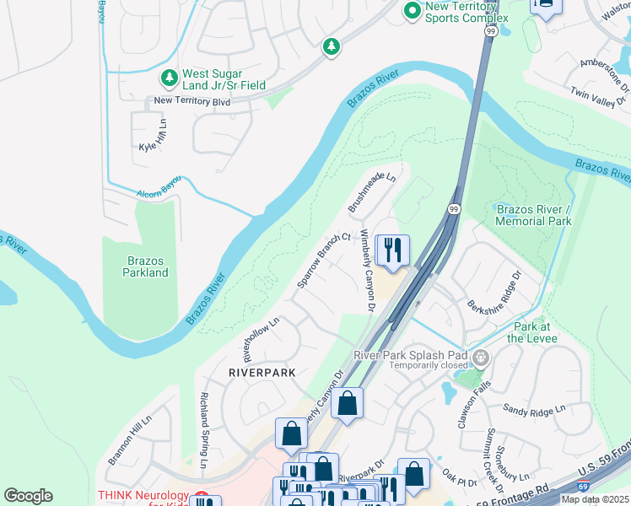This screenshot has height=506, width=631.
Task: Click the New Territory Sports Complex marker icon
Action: point(413,11)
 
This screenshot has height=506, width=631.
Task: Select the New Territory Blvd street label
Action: point(191,101)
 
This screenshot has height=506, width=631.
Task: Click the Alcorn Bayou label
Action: point(160,193)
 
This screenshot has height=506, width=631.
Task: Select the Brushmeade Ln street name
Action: point(372,192)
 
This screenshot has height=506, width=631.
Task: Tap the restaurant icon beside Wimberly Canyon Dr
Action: point(392,250)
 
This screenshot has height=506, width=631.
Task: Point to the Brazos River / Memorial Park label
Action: point(534,215)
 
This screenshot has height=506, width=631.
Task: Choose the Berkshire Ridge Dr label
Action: point(493,292)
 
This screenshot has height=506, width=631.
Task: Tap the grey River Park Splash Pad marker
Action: point(481,359)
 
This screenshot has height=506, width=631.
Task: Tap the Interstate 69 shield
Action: point(584,487)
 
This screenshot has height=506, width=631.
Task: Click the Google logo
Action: point(29,496)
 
